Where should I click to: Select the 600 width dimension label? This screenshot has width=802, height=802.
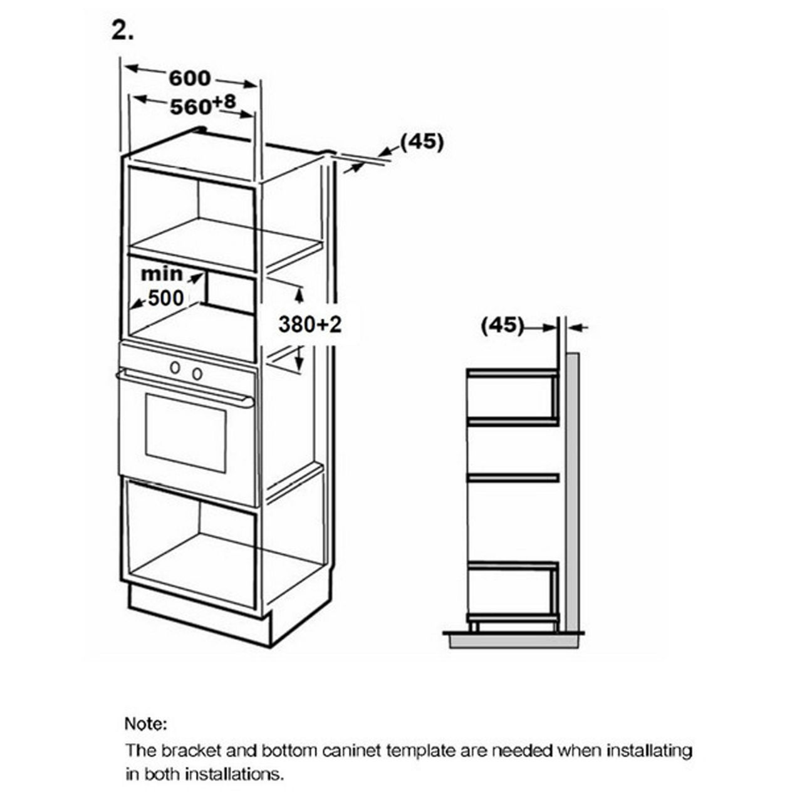coord(190,78)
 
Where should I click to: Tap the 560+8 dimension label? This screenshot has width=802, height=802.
coord(203,105)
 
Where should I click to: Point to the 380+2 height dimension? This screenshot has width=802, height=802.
coord(310,324)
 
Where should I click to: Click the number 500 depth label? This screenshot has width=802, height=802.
coord(166,298)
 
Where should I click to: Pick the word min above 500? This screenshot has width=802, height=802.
coord(162,274)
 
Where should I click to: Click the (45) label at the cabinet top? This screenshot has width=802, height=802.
coord(422,142)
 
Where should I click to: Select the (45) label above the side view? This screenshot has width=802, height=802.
coord(502,325)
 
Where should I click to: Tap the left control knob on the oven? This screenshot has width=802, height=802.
coord(175,367)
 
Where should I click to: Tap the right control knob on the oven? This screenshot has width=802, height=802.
coord(197,373)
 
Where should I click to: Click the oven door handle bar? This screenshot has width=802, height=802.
coord(185,387)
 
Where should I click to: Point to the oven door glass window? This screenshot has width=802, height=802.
coord(185,433)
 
